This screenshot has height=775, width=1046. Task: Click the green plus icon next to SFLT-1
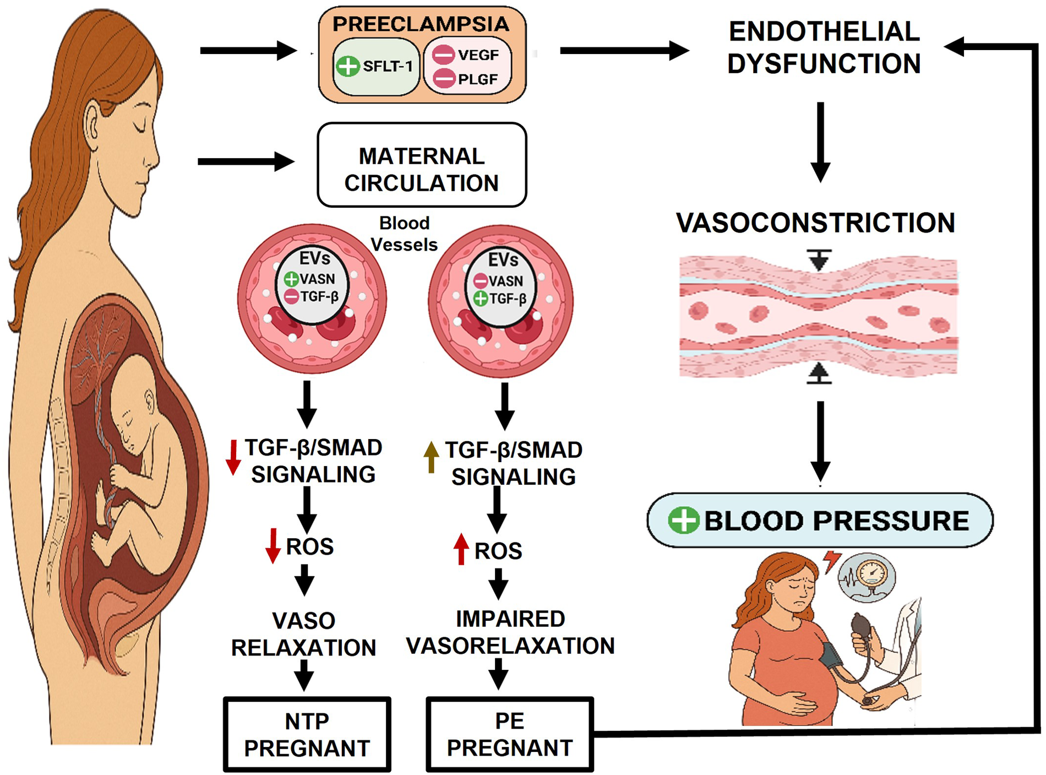click(348, 66)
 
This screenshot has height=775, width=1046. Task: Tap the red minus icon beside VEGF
click(443, 55)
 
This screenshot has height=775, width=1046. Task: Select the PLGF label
click(478, 79)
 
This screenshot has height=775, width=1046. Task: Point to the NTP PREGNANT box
click(307, 734)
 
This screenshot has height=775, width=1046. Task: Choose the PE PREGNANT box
click(510, 734)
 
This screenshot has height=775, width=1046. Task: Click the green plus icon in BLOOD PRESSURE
click(683, 520)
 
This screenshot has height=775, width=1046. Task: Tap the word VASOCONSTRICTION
click(815, 223)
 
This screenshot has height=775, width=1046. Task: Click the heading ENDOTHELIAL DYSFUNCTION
click(824, 47)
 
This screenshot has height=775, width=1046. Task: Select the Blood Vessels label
click(404, 234)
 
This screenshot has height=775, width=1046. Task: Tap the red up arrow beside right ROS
click(461, 549)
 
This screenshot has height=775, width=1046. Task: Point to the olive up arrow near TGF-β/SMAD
click(431, 457)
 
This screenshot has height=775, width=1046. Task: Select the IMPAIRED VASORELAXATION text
click(510, 632)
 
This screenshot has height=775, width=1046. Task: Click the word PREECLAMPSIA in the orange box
click(421, 24)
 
